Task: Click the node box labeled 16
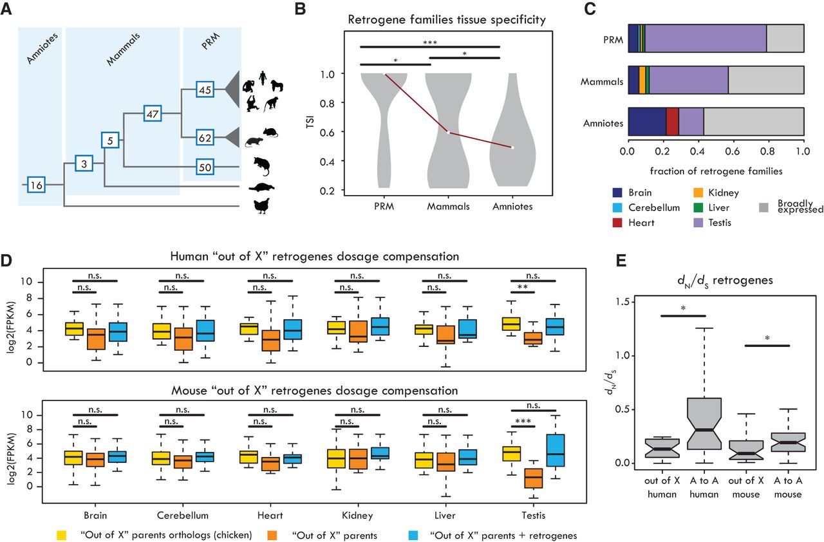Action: pos(36,185)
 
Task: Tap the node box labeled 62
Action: pos(204,136)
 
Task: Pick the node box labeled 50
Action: pos(204,167)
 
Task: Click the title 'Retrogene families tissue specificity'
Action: pos(447,20)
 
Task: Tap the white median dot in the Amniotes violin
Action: pos(512,147)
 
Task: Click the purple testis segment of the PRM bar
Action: pos(706,38)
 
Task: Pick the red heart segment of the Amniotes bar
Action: pos(672,121)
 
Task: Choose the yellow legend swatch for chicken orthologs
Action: pos(63,534)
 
